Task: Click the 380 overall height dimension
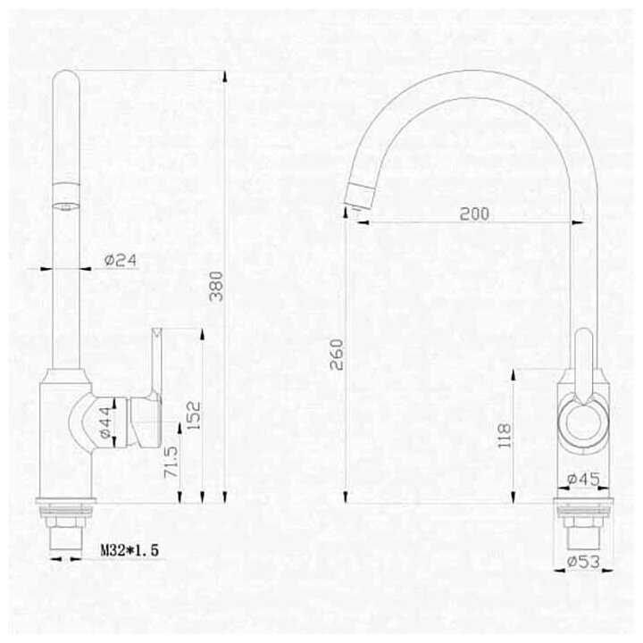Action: (216, 287)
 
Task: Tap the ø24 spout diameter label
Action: (121, 260)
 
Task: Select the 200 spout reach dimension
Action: (474, 213)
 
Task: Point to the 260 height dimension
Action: (337, 355)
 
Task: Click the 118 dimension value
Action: (505, 435)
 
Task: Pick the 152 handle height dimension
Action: (194, 415)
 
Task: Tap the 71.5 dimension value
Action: (171, 462)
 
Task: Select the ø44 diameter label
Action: (105, 422)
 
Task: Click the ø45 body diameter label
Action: (583, 479)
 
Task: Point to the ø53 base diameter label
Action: (583, 562)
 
